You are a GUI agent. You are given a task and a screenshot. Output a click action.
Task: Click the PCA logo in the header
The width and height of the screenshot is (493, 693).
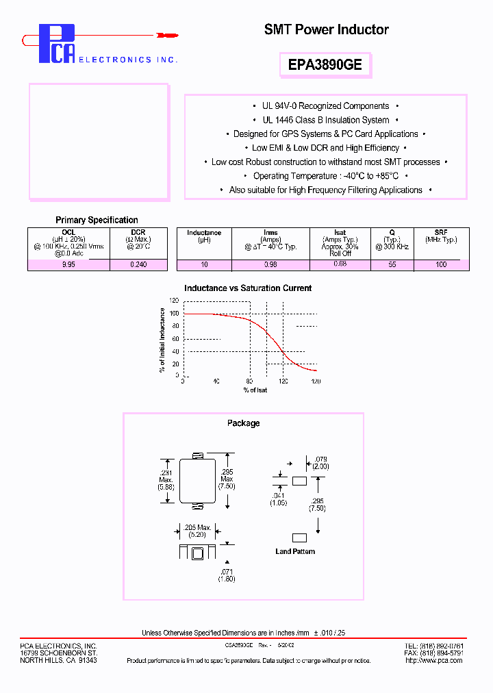(x=57, y=45)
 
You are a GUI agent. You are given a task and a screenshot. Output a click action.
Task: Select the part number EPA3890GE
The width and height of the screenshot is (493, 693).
(x=325, y=65)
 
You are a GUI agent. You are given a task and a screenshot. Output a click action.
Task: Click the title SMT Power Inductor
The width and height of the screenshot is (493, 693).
(x=326, y=29)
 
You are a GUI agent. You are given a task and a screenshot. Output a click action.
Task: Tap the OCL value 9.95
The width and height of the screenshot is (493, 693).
(x=68, y=264)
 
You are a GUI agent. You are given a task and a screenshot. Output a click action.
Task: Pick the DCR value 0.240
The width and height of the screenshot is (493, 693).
(x=138, y=264)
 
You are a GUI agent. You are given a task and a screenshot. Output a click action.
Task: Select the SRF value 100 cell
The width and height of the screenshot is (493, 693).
(x=441, y=264)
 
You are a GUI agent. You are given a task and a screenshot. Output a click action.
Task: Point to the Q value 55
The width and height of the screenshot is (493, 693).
(x=392, y=264)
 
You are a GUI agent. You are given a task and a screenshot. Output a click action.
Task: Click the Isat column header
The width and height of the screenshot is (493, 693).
(x=340, y=233)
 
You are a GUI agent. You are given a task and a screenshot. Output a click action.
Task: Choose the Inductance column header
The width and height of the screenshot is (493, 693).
(x=204, y=233)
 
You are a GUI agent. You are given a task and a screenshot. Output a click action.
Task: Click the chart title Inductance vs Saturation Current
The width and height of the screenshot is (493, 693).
(x=248, y=288)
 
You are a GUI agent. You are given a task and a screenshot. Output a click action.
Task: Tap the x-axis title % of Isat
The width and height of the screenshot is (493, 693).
(x=255, y=390)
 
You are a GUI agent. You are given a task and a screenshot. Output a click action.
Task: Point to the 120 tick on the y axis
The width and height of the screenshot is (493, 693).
(x=175, y=301)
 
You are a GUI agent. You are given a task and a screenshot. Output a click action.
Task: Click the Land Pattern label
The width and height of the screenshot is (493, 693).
(x=295, y=551)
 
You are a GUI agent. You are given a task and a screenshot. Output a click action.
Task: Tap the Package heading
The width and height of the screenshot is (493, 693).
(x=243, y=423)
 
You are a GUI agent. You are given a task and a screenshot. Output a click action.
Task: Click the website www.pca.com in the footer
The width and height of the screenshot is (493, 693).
(x=449, y=661)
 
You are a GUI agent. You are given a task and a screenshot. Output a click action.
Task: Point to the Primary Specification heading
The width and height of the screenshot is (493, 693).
(x=97, y=220)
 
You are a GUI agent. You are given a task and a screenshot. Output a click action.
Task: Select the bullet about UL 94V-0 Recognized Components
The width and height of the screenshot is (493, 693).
(x=325, y=106)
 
